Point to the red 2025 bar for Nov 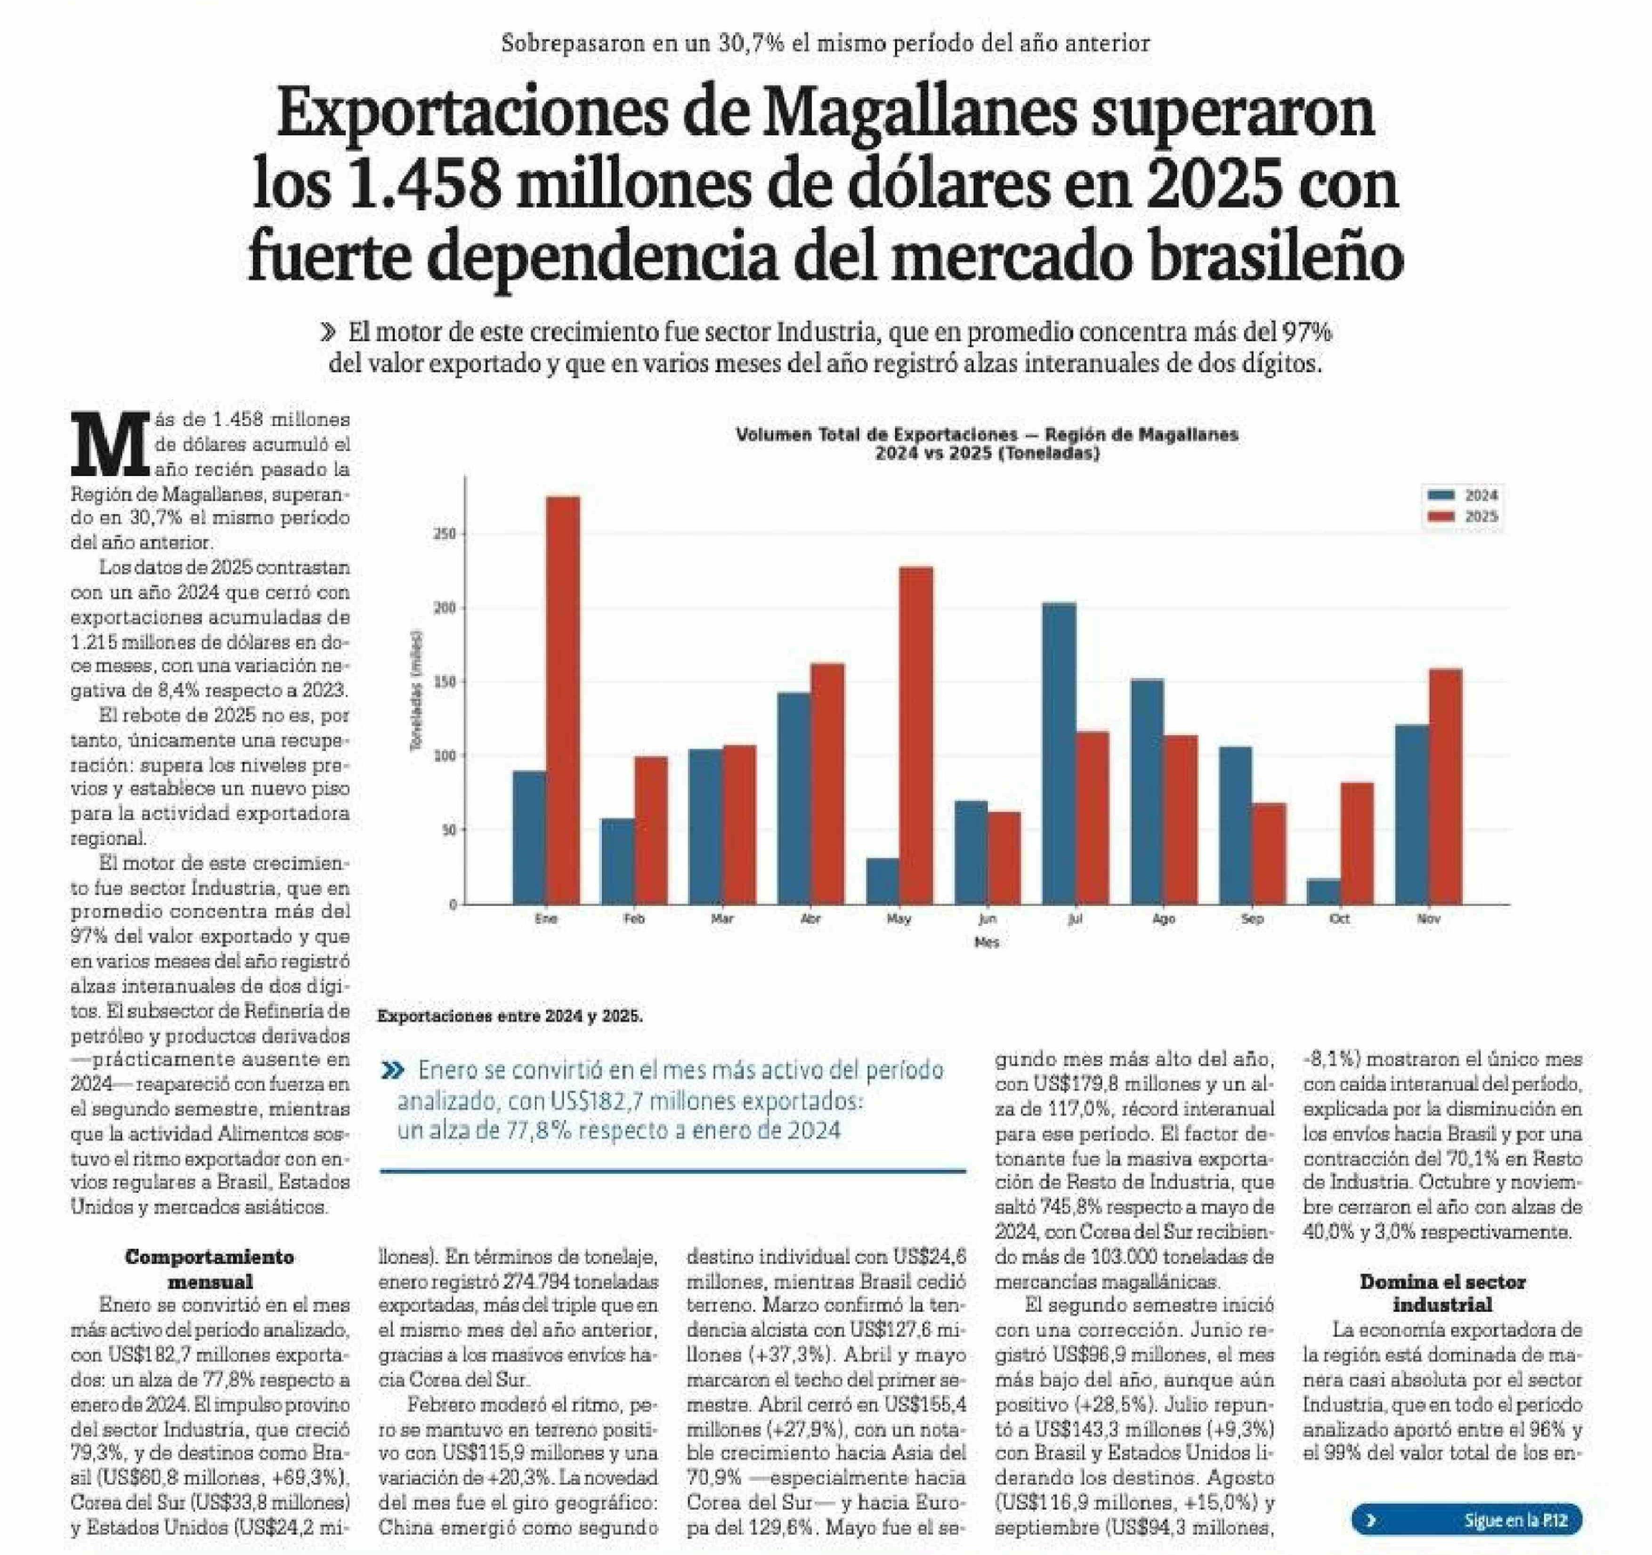point(1445,786)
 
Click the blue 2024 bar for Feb point(616,861)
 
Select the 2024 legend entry point(1463,495)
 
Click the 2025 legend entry point(1463,516)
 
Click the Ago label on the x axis point(1163,919)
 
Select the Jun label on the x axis point(987,919)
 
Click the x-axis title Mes point(987,942)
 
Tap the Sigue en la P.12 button point(1466,1520)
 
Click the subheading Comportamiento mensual point(210,1268)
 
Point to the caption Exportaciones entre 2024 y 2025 point(510,1016)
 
